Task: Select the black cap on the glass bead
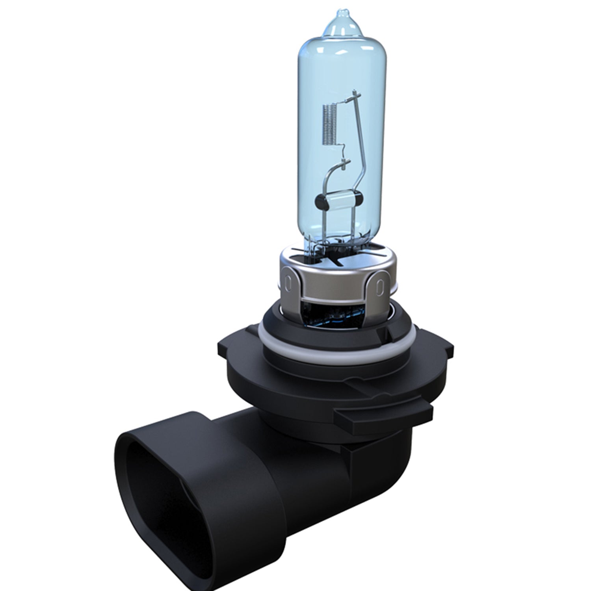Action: (x=321, y=202)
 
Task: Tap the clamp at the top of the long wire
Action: (x=356, y=95)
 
